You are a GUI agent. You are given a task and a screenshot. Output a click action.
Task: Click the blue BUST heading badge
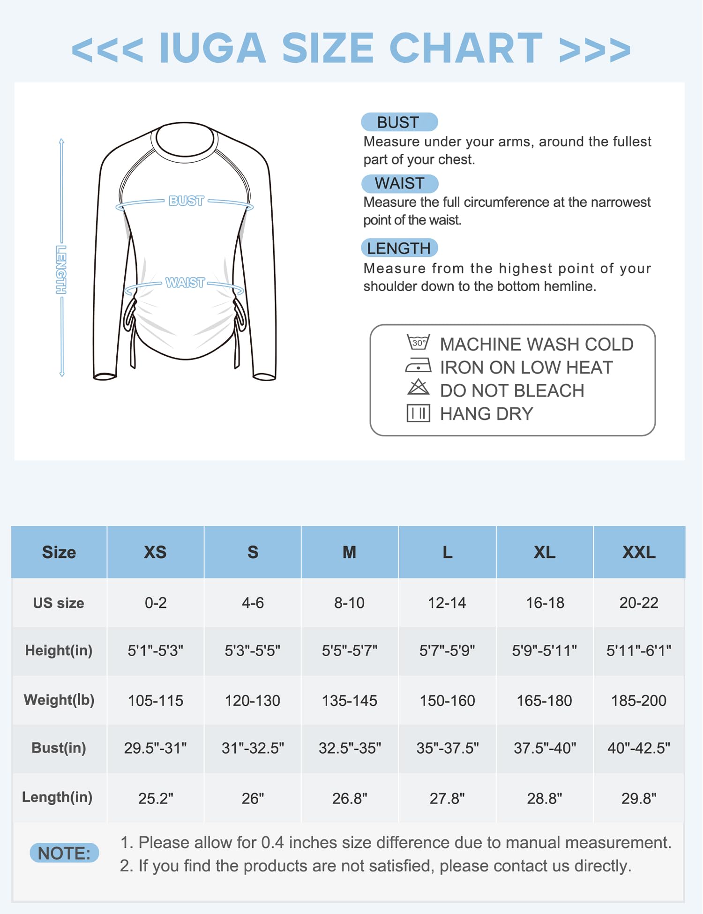399,122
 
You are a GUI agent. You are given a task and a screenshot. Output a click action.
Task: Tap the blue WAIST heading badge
400,183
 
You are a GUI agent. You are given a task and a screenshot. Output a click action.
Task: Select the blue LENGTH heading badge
399,248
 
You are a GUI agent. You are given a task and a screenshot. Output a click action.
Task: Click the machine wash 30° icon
418,342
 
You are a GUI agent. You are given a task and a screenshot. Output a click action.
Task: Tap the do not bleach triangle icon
418,388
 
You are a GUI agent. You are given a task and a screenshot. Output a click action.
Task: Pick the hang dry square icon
418,413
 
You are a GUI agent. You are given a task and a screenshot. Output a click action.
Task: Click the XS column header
155,552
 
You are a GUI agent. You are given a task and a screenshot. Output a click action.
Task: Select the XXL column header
639,552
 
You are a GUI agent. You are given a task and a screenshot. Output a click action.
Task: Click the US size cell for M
349,603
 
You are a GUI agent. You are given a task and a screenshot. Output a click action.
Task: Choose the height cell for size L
447,651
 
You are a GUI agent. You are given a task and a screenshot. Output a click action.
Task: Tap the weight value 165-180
544,701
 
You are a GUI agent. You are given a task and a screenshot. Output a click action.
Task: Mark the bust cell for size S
253,748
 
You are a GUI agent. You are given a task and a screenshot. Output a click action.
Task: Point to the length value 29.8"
639,798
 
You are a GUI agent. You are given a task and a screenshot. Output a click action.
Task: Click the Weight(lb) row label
59,700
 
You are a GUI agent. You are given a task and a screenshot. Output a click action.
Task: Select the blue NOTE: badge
64,853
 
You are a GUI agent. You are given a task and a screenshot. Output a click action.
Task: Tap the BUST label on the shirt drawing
186,201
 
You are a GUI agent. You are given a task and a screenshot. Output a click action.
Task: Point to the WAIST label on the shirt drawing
185,283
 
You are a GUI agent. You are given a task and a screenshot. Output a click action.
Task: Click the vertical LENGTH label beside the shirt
61,270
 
